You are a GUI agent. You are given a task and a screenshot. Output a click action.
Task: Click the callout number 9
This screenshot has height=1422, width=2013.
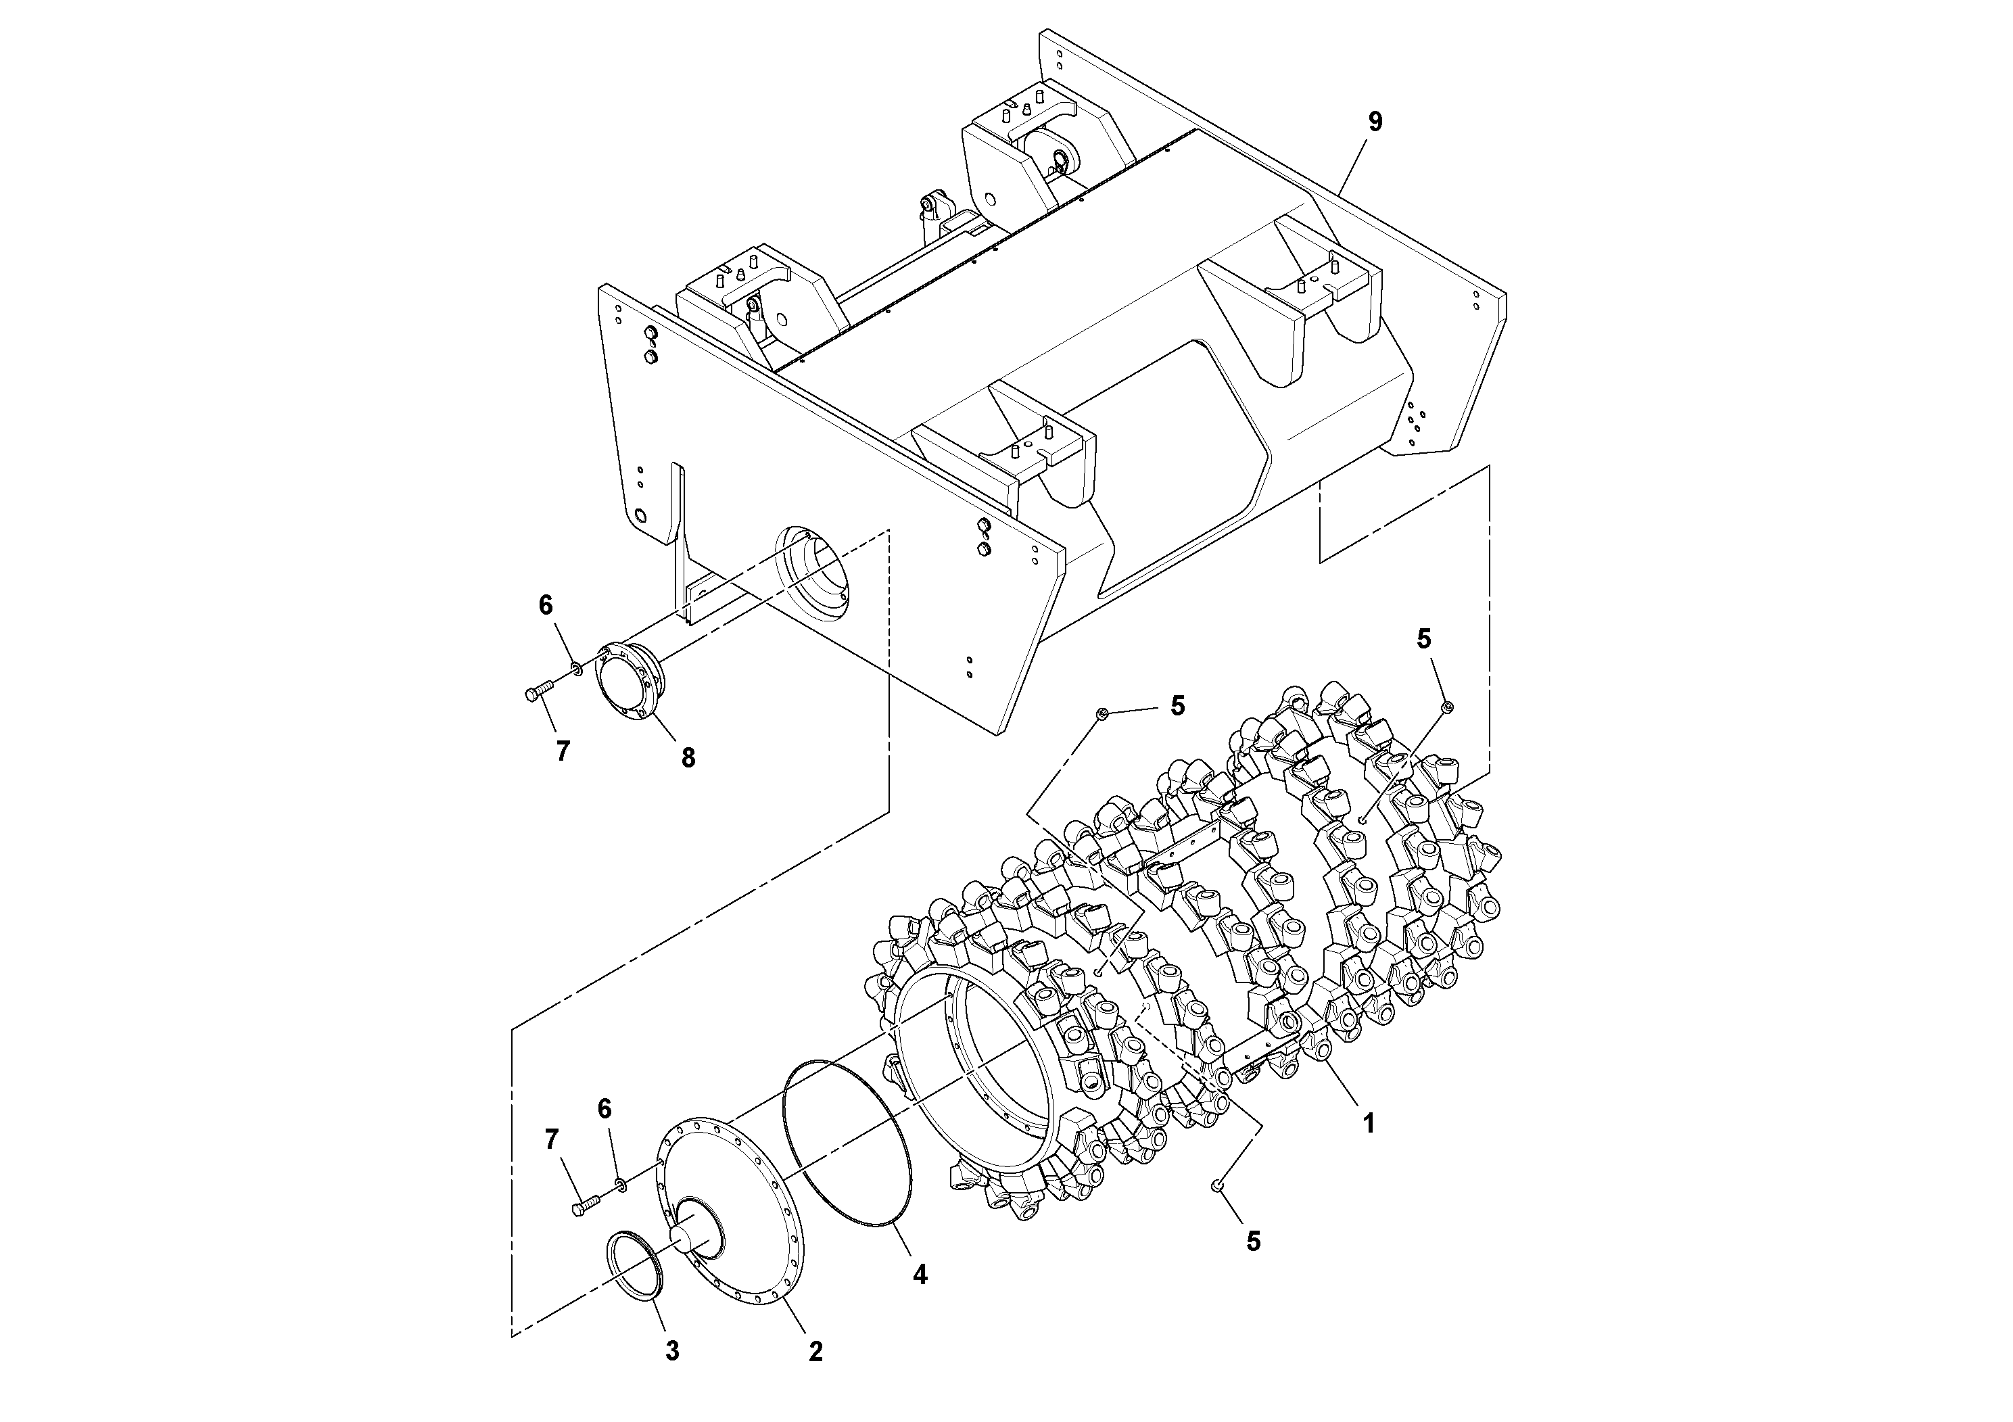(x=1375, y=122)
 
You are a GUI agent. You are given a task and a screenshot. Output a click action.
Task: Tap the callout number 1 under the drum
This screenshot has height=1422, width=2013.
(x=1368, y=1123)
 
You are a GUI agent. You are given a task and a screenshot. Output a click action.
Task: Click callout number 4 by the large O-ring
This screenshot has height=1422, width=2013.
(x=920, y=1274)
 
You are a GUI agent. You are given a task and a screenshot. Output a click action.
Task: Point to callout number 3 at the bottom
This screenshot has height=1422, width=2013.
(x=672, y=1351)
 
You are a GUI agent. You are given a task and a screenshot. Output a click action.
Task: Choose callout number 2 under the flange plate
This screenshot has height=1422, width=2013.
(x=815, y=1352)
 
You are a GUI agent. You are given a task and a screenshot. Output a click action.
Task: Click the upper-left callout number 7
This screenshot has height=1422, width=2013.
(x=563, y=751)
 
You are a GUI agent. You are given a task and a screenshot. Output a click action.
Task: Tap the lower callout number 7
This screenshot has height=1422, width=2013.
(x=552, y=1140)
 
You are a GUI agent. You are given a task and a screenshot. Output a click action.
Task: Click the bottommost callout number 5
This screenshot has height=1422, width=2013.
(x=1254, y=1241)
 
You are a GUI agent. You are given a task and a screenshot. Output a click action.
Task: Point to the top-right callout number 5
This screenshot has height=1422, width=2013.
(x=1424, y=639)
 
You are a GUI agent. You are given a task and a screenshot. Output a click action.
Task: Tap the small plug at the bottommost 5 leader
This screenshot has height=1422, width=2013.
(x=1217, y=1185)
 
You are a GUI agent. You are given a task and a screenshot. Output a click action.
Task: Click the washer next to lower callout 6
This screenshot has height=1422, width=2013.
(x=620, y=1185)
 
